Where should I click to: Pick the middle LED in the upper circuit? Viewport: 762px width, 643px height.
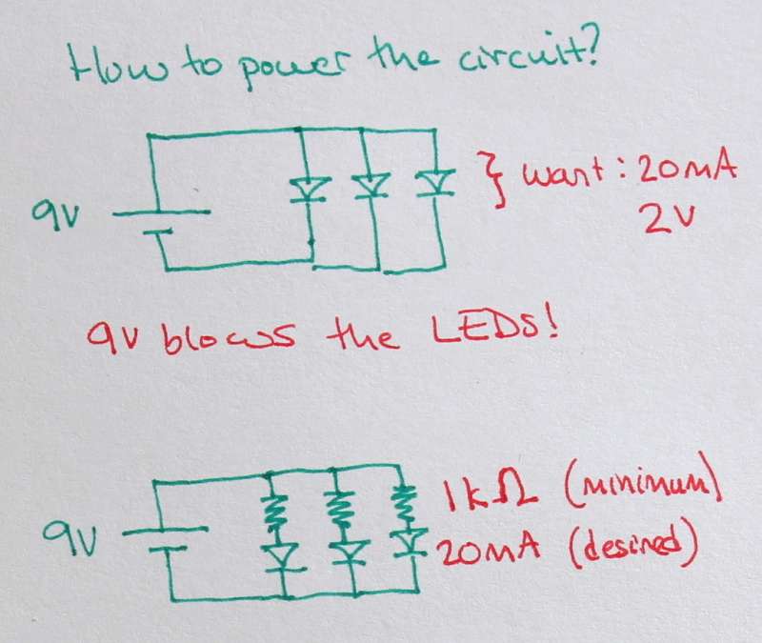pyautogui.click(x=371, y=185)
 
